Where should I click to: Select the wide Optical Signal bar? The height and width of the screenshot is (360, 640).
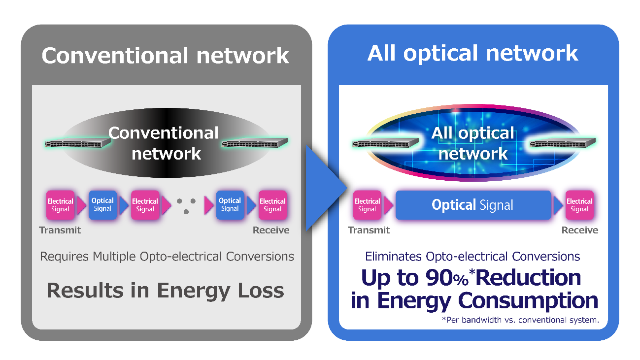(472, 205)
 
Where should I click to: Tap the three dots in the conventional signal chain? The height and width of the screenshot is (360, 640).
(186, 205)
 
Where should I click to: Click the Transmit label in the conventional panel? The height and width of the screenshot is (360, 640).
(60, 230)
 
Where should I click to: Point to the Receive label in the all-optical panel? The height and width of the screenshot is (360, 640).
(580, 230)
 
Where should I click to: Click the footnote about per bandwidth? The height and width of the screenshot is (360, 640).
(520, 320)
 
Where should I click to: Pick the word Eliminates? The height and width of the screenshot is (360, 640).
(393, 257)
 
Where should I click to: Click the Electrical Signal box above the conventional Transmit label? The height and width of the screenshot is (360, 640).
(60, 205)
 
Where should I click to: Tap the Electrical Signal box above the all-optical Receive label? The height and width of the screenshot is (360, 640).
(579, 205)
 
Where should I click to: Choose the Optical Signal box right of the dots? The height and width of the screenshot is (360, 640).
(230, 204)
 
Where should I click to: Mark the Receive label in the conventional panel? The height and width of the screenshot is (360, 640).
(271, 230)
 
